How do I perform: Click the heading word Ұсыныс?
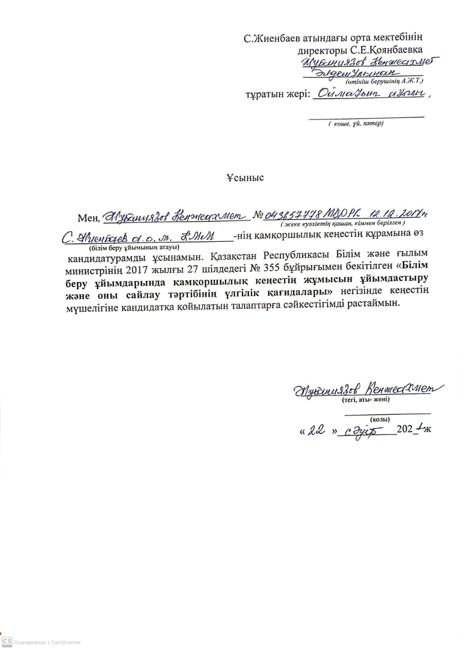(x=245, y=178)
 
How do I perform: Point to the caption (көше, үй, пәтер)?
(x=355, y=123)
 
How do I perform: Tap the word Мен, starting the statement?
(x=89, y=219)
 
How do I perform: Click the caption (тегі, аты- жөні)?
(x=362, y=399)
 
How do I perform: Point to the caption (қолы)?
(x=380, y=419)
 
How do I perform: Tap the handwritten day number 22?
(x=316, y=430)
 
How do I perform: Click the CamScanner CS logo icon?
(x=6, y=642)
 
